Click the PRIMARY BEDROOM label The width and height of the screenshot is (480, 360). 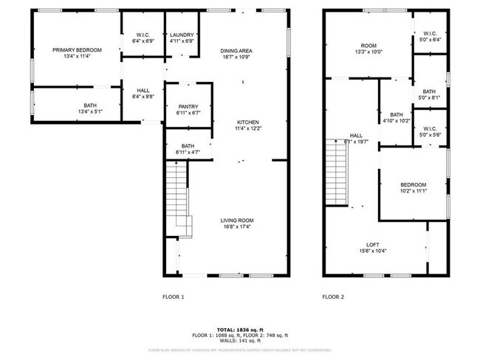pyautogui.click(x=77, y=50)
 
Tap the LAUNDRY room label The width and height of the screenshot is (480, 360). pyautogui.click(x=182, y=35)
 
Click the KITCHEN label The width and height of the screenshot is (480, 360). pyautogui.click(x=248, y=122)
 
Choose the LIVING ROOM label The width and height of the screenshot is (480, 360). pyautogui.click(x=237, y=220)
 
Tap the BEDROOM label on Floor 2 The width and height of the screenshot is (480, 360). pyautogui.click(x=413, y=184)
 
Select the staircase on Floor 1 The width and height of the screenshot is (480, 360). pyautogui.click(x=178, y=199)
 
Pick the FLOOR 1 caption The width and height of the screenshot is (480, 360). pyautogui.click(x=173, y=297)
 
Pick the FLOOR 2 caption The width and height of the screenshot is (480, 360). pyautogui.click(x=333, y=297)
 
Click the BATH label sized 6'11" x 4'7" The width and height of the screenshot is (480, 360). pyautogui.click(x=188, y=145)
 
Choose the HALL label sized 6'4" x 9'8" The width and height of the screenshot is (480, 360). pyautogui.click(x=143, y=90)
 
